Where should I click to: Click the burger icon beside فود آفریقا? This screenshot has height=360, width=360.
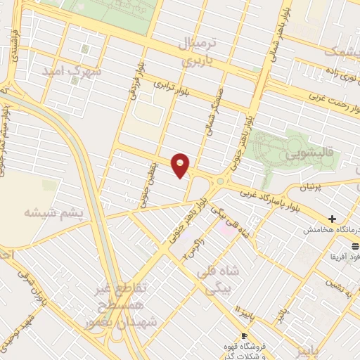tap(354, 246)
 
